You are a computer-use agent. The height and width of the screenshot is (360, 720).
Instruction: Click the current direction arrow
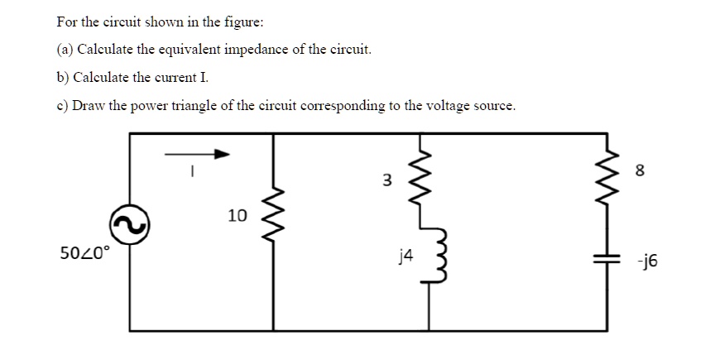pyautogui.click(x=196, y=153)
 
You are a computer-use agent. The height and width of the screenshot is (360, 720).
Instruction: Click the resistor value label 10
pyautogui.click(x=237, y=216)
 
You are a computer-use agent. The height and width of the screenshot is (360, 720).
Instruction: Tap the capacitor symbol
pyautogui.click(x=612, y=257)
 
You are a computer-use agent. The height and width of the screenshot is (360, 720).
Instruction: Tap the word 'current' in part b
pyautogui.click(x=172, y=78)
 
